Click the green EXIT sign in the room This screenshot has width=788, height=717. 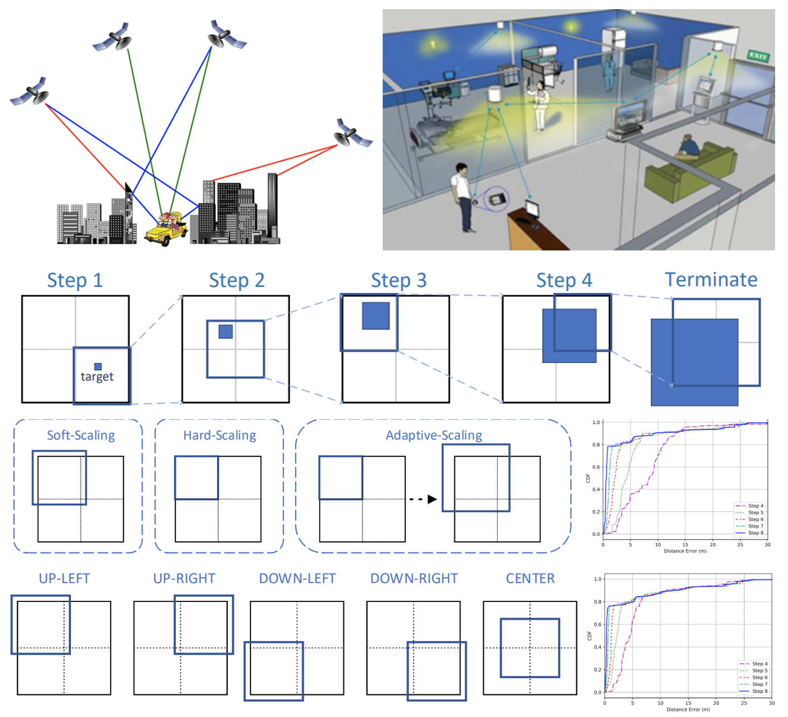point(758,56)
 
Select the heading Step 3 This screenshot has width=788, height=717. point(398,280)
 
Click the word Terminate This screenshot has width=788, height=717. point(711,279)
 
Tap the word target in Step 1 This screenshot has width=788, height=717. point(97,376)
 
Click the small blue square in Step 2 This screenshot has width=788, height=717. point(226,331)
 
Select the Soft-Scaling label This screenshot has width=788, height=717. point(81,435)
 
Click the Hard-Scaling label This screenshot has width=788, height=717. point(219,435)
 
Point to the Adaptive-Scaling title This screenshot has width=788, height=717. point(434,435)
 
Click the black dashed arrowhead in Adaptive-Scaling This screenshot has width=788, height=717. point(432,499)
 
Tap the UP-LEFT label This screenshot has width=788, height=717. point(64,578)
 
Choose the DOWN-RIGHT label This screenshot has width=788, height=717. point(414,578)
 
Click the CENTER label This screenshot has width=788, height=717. point(530,578)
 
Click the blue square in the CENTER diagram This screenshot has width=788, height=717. point(530,648)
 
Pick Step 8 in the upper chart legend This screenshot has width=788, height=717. point(755,533)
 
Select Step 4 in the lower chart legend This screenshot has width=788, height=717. point(760,664)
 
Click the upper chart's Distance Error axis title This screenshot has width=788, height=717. point(685,551)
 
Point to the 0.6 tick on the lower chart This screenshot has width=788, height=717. point(597,625)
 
